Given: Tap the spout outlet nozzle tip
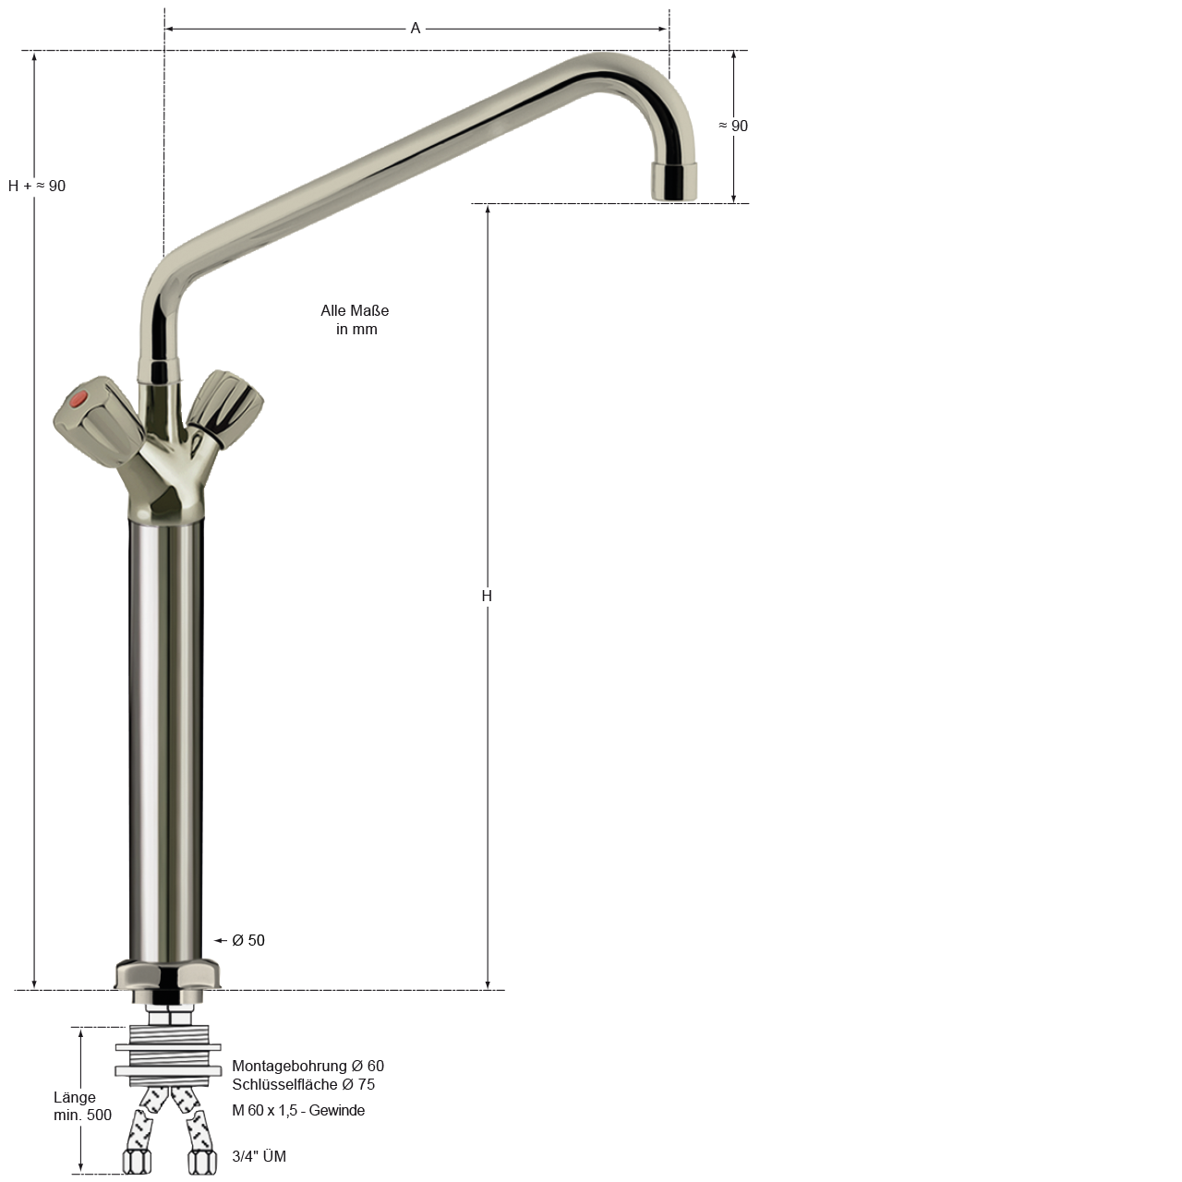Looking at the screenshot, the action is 674,182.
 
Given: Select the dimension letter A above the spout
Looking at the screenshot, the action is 416,29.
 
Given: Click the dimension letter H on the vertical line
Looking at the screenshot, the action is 487,596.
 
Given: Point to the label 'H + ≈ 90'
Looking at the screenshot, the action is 37,186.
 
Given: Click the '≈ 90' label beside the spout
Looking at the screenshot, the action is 733,126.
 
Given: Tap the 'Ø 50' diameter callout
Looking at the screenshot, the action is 248,940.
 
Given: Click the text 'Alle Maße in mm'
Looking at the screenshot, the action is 356,320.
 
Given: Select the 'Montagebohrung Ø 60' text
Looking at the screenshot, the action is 308,1066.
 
